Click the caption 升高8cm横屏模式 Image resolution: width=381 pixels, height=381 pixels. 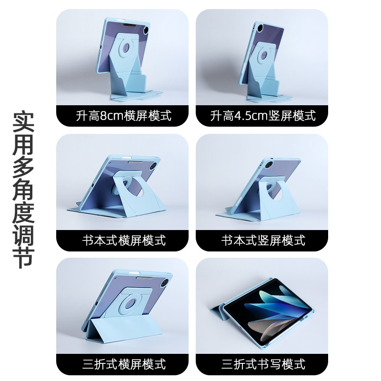tap(124, 116)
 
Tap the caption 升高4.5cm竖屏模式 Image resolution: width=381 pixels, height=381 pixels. tap(263, 116)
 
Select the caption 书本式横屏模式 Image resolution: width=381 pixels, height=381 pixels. tap(124, 241)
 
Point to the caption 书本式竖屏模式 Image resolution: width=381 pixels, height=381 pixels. tap(263, 241)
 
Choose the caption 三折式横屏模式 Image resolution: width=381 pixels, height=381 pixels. tap(124, 364)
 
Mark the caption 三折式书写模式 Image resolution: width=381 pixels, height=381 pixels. tap(263, 364)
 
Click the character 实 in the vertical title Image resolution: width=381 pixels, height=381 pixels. tap(23, 122)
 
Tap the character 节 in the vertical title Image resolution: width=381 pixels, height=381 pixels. tap(23, 257)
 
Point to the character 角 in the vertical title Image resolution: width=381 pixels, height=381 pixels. tap(23, 190)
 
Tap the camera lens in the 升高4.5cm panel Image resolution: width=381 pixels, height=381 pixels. tap(260, 28)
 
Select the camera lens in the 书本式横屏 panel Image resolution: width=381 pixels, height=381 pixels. tap(153, 167)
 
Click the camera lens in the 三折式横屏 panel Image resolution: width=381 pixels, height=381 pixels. tap(164, 283)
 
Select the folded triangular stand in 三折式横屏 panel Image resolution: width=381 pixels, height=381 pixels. tap(124, 329)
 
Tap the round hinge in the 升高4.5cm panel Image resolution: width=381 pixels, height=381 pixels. tap(265, 55)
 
